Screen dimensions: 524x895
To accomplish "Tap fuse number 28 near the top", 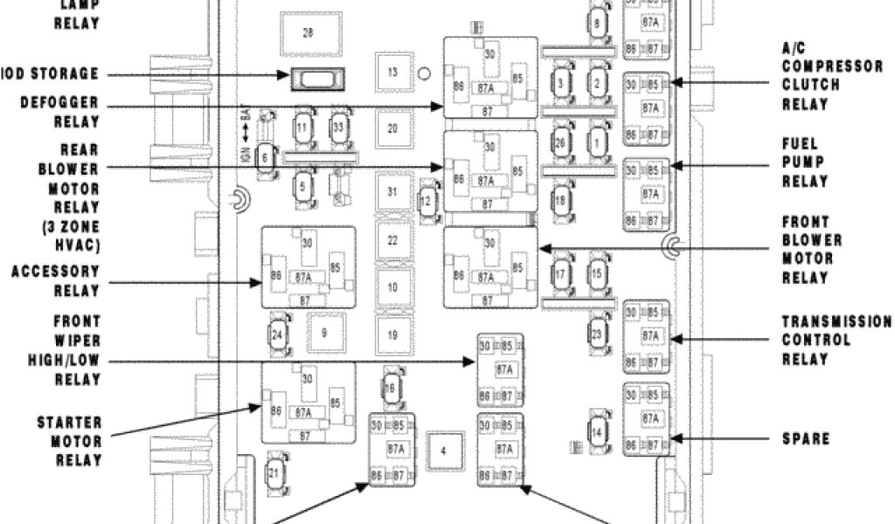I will [307, 33].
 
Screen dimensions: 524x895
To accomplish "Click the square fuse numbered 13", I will [392, 72].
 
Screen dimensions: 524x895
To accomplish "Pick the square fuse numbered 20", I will [392, 128].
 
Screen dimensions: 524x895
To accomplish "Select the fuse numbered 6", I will [265, 157].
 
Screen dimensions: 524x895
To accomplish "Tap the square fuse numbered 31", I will [392, 191].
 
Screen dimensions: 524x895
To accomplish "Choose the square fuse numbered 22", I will [392, 240].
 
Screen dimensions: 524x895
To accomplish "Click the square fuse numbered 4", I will [443, 451].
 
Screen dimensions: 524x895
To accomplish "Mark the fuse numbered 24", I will [277, 334].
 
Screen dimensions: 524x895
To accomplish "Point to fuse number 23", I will [597, 333].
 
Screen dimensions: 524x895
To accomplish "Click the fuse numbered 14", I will [597, 431].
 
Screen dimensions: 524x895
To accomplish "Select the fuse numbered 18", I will [560, 200].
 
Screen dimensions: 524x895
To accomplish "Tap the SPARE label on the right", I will [805, 438].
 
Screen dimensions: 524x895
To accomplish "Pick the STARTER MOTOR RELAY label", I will [70, 442].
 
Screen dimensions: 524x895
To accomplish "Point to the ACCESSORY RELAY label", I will [56, 281].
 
